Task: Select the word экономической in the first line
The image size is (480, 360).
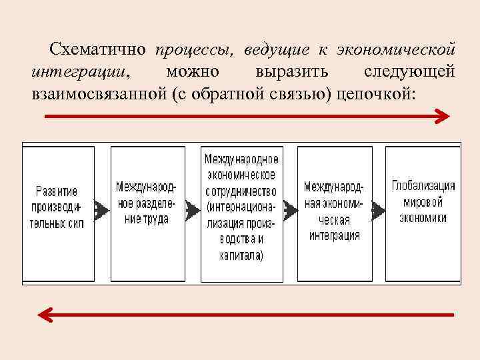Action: [x=396, y=50]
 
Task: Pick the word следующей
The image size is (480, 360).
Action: [x=409, y=71]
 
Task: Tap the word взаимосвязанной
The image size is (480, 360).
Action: [x=97, y=93]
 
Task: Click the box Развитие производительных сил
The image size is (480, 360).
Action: [x=59, y=213]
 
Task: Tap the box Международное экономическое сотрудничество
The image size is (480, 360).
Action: [x=241, y=213]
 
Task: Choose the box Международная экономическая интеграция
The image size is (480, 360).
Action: [x=335, y=213]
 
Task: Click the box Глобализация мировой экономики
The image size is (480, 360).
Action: [x=423, y=213]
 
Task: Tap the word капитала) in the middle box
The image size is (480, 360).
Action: [x=241, y=254]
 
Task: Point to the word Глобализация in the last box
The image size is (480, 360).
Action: [x=423, y=186]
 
